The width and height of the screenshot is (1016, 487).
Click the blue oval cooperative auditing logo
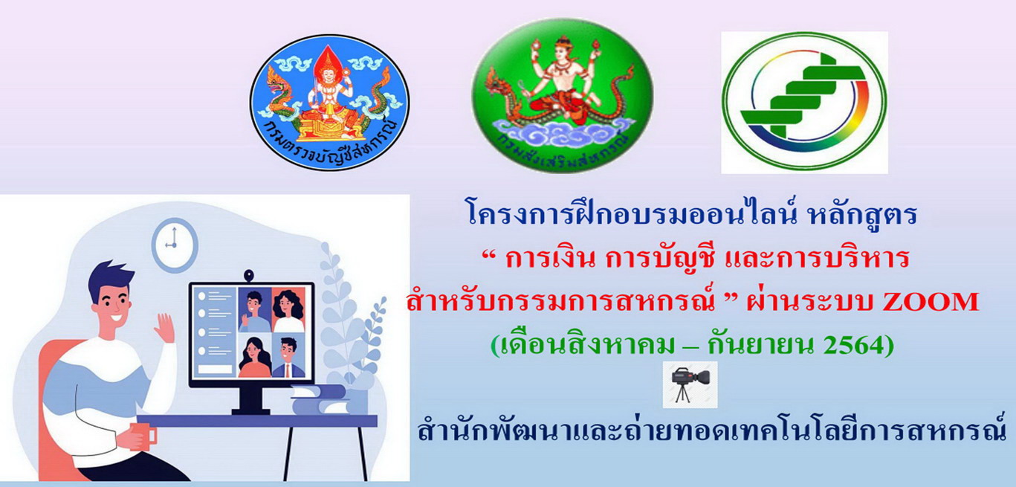point(330,102)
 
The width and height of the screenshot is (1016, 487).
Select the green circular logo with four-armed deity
point(563,96)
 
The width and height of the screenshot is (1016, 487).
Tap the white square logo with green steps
point(804,103)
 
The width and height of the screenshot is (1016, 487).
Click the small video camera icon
point(690,384)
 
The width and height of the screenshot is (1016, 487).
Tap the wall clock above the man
point(174,245)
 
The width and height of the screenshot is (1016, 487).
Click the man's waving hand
point(165,327)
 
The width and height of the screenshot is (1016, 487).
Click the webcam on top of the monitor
point(248,276)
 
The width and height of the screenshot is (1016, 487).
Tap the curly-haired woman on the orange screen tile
point(288,311)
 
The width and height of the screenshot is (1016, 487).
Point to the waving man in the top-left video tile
point(254,311)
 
